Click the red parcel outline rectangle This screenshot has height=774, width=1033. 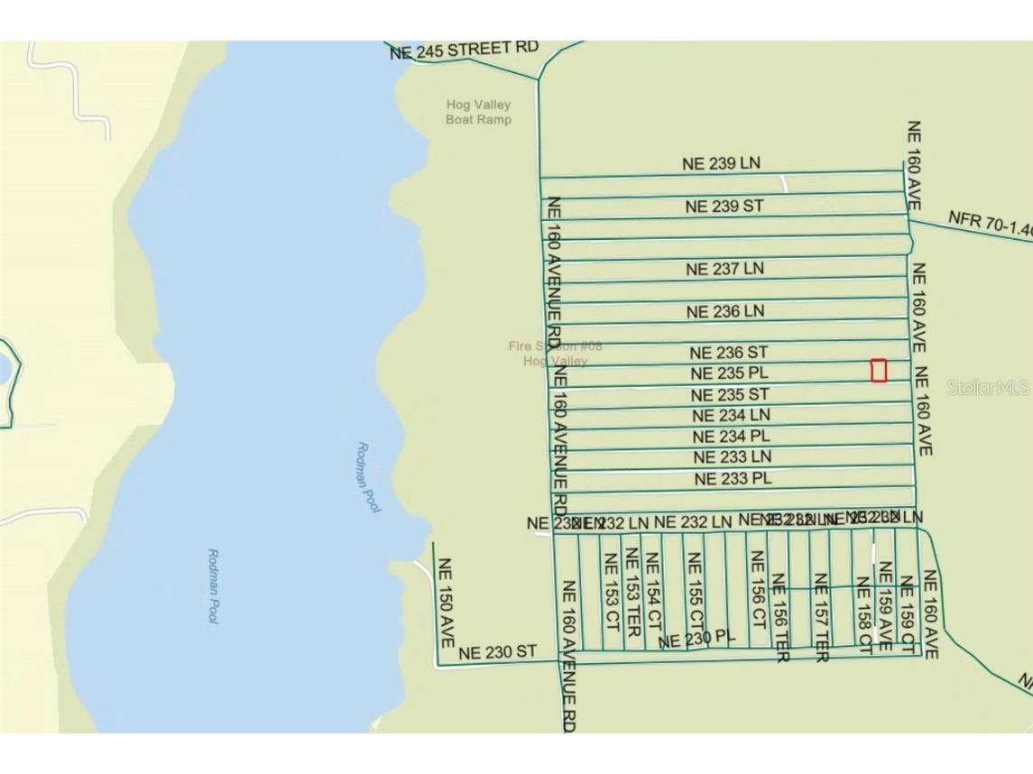click(x=878, y=370)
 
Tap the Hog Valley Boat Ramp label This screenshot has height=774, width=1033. click(x=478, y=112)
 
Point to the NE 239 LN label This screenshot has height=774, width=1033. click(x=721, y=163)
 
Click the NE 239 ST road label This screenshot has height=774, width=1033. click(x=724, y=207)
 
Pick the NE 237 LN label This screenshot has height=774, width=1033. click(x=724, y=269)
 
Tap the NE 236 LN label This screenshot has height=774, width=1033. click(x=724, y=311)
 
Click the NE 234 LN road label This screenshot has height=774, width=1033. click(x=731, y=416)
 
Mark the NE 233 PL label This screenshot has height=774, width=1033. click(x=733, y=478)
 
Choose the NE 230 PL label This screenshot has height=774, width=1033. click(x=696, y=640)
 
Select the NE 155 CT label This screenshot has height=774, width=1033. click(x=695, y=593)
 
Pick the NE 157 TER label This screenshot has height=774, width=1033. click(x=821, y=617)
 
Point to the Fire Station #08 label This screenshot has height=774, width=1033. click(x=555, y=353)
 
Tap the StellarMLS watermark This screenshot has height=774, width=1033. click(x=988, y=388)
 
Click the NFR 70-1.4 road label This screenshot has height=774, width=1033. click(x=990, y=223)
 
